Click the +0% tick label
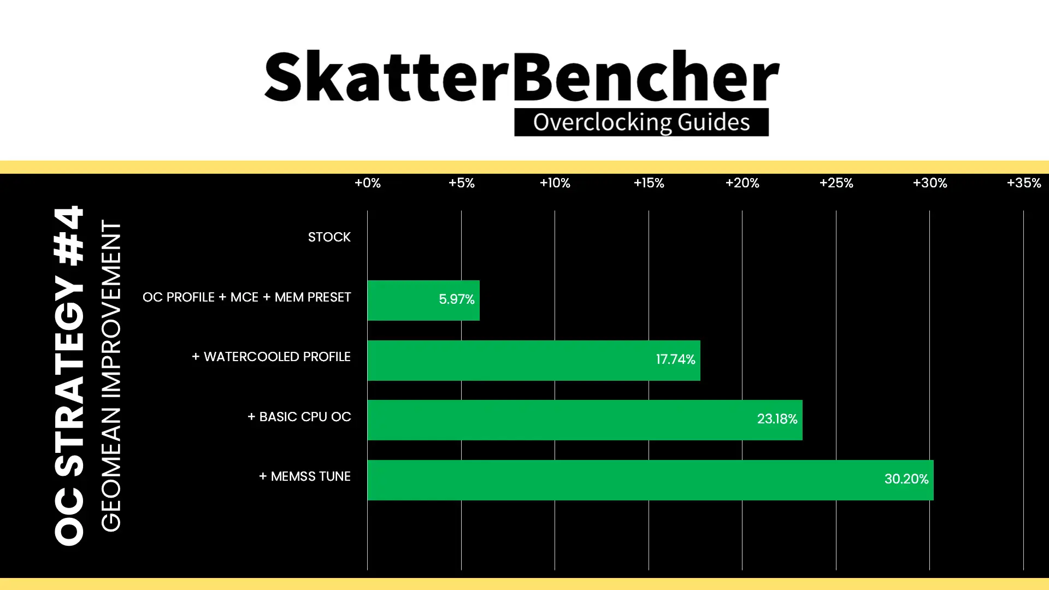[x=368, y=183]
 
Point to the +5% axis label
[x=462, y=183]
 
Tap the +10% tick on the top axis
[x=555, y=183]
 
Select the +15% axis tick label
[x=649, y=183]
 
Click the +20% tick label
[x=742, y=183]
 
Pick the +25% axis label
[x=836, y=183]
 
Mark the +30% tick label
[x=930, y=183]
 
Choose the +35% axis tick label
[x=1024, y=183]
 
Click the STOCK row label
[x=329, y=237]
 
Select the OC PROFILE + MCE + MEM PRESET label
[x=247, y=297]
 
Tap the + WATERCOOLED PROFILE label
[x=271, y=357]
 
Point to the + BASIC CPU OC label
[x=299, y=417]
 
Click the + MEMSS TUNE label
[x=305, y=476]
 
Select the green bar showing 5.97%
[x=423, y=300]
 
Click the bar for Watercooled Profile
[x=534, y=361]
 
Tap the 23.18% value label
[x=777, y=419]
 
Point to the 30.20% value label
[x=906, y=479]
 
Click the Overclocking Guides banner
[x=641, y=122]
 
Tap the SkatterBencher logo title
[x=522, y=76]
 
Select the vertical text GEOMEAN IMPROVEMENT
[x=111, y=376]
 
